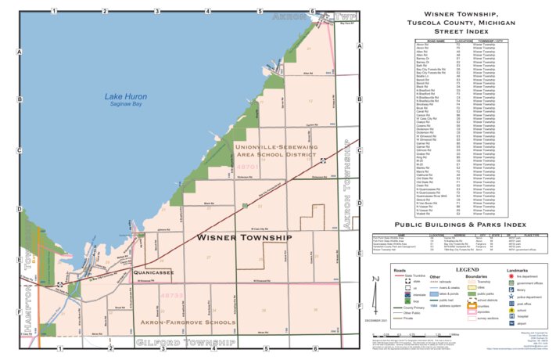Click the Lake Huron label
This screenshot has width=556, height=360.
(x=125, y=97)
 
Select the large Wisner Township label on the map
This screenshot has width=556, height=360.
(x=243, y=236)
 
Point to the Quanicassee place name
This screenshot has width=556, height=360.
(x=164, y=272)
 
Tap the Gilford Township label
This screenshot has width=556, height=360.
(x=185, y=343)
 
